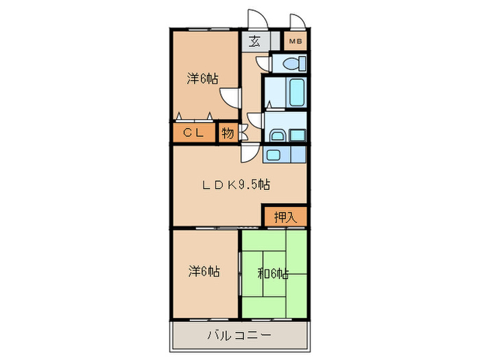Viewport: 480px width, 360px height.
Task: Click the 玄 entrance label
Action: tap(254, 41)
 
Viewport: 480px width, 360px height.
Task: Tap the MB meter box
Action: tap(295, 41)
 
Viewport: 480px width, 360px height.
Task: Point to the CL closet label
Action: tap(193, 133)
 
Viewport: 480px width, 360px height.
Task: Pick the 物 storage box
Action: tap(228, 133)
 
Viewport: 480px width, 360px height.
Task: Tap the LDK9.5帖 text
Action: tap(235, 184)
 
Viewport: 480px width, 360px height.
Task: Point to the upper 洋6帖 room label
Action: tap(203, 78)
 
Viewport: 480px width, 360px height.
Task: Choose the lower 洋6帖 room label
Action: tap(204, 271)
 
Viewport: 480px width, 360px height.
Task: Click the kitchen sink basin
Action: tap(274, 154)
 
